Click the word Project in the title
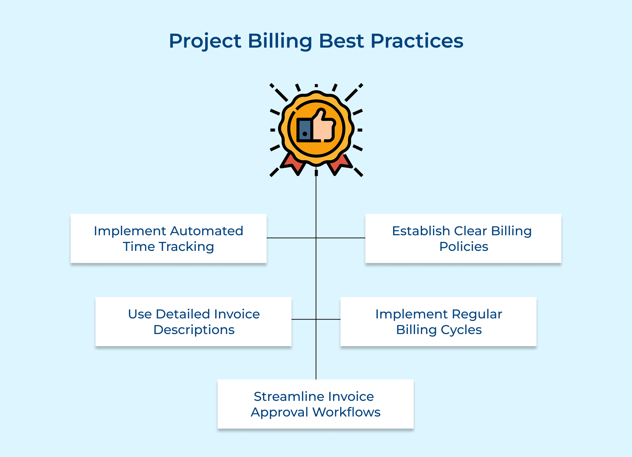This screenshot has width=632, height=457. (205, 41)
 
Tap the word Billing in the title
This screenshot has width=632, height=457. (279, 41)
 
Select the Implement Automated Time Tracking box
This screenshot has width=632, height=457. (168, 238)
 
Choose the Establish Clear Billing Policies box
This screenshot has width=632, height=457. (463, 238)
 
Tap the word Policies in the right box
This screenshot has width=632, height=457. (463, 247)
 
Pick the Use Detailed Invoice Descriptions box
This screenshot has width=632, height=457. (194, 322)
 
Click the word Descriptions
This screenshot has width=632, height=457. (194, 330)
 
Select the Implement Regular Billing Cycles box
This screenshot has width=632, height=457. (438, 322)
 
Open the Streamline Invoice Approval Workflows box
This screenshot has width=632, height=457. (315, 404)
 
